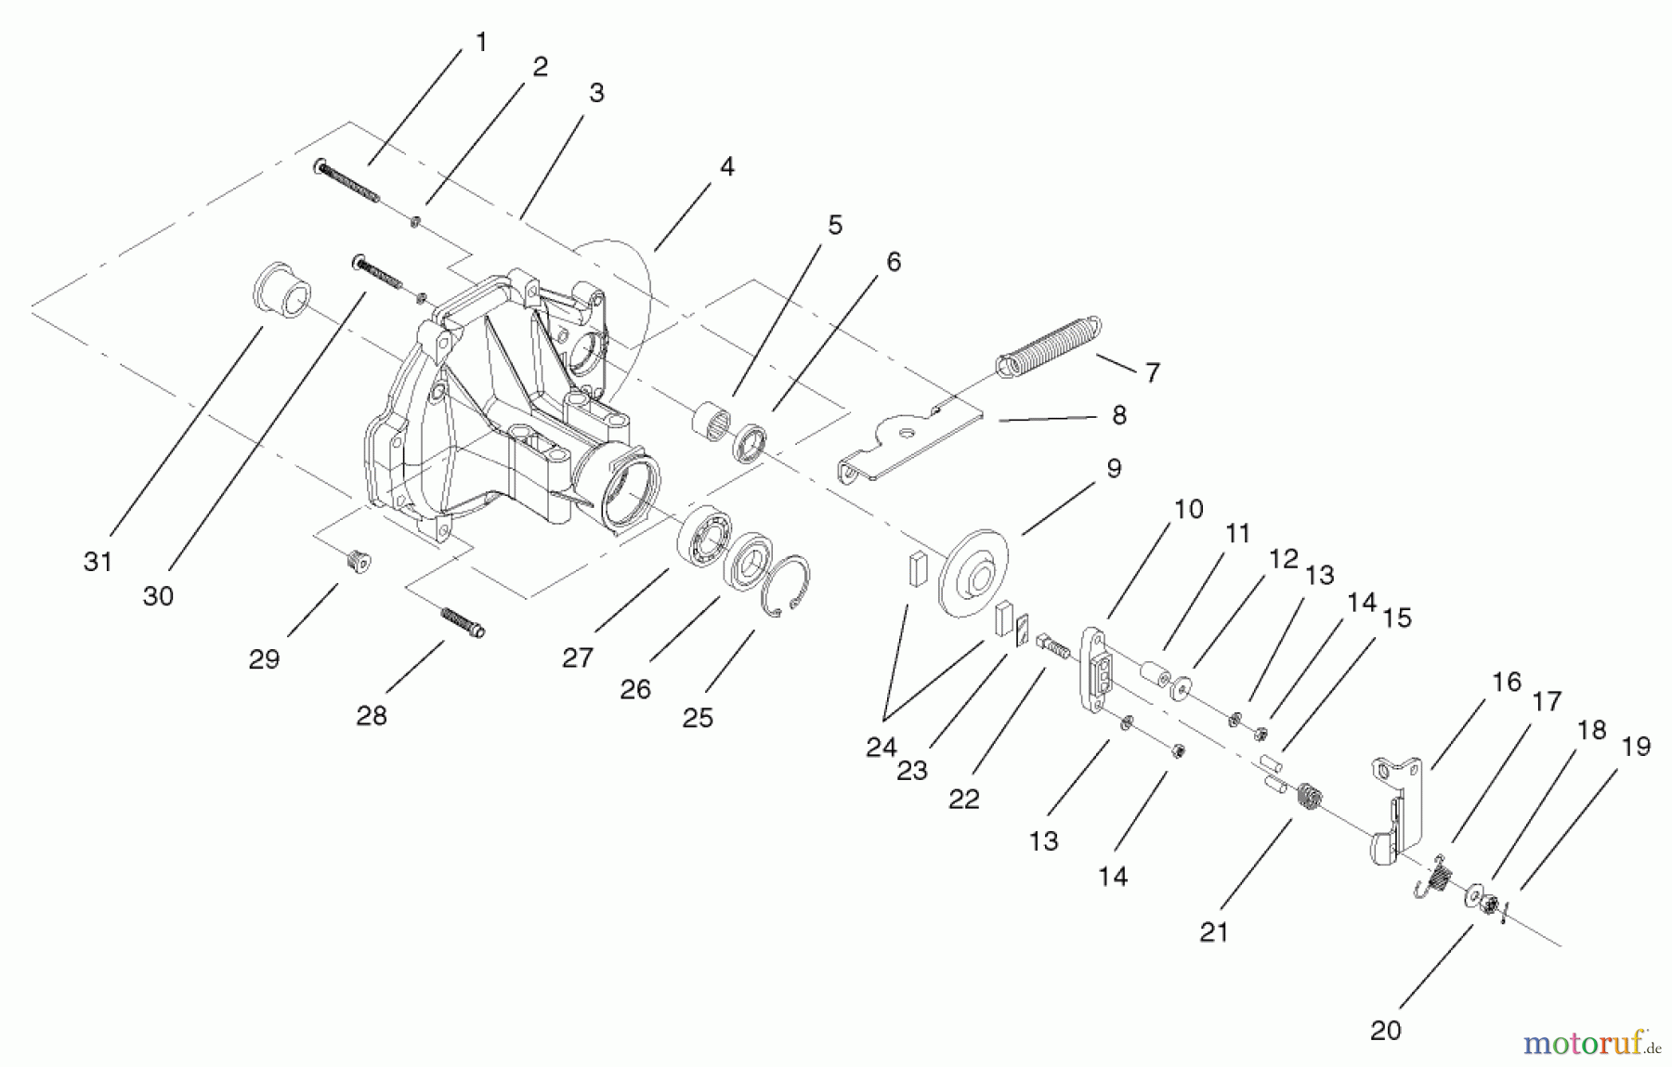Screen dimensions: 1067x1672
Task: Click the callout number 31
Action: (98, 562)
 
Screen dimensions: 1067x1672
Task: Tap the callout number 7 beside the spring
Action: (1152, 372)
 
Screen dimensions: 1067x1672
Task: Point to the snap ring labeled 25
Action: (785, 585)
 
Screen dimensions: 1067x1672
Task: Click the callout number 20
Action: (1385, 1030)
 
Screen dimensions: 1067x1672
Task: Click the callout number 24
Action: (881, 747)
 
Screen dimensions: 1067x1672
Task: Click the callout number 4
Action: (726, 167)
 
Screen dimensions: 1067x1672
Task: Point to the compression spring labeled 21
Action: (1309, 797)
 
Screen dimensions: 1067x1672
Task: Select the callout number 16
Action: (1506, 682)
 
